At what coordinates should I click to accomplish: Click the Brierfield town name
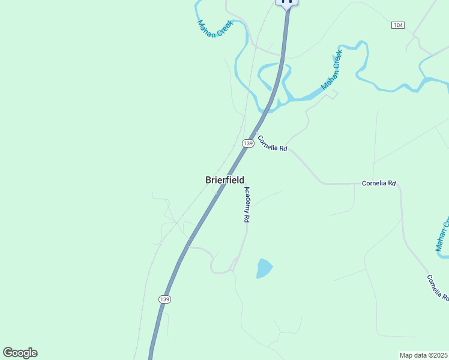[225, 180]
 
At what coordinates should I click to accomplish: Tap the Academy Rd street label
[246, 205]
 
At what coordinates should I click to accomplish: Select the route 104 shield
[397, 25]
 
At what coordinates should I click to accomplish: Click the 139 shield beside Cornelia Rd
[248, 143]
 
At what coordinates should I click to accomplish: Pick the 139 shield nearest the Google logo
[166, 299]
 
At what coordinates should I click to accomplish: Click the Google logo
[20, 353]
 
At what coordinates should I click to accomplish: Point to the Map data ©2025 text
[424, 355]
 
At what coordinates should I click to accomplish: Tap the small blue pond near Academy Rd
[264, 268]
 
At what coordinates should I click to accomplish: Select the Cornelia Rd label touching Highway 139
[273, 143]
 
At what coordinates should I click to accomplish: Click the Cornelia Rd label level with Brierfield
[379, 182]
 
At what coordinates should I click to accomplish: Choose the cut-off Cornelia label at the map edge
[438, 288]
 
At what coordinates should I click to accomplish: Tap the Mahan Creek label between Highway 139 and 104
[331, 70]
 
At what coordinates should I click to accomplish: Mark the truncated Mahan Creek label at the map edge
[442, 235]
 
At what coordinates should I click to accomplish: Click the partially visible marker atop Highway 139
[287, 2]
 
